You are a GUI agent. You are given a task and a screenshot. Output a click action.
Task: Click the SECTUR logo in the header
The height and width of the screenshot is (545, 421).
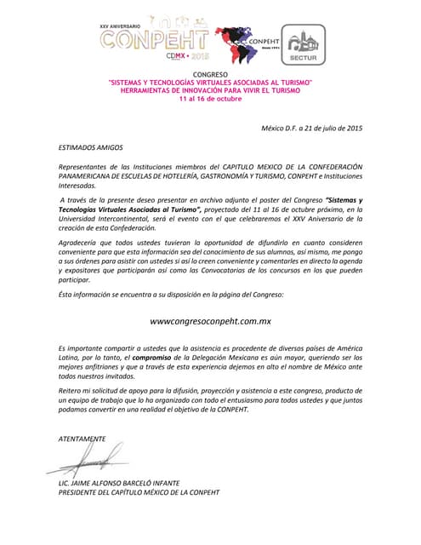(x=303, y=45)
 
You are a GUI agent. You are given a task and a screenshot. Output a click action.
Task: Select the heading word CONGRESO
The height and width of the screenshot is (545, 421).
(x=210, y=75)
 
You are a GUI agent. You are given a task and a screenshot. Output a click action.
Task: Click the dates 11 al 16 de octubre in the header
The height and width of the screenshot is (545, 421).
(x=210, y=99)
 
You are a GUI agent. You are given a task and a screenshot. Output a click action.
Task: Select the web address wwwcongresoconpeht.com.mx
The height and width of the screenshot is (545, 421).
(x=210, y=321)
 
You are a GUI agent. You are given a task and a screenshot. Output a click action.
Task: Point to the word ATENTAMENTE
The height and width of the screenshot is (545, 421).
(x=82, y=439)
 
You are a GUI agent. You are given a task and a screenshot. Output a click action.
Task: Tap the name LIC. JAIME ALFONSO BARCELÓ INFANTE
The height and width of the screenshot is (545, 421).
(x=118, y=483)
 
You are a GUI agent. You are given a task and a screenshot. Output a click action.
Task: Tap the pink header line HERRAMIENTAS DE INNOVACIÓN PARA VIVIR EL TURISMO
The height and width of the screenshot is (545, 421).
(x=210, y=90)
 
